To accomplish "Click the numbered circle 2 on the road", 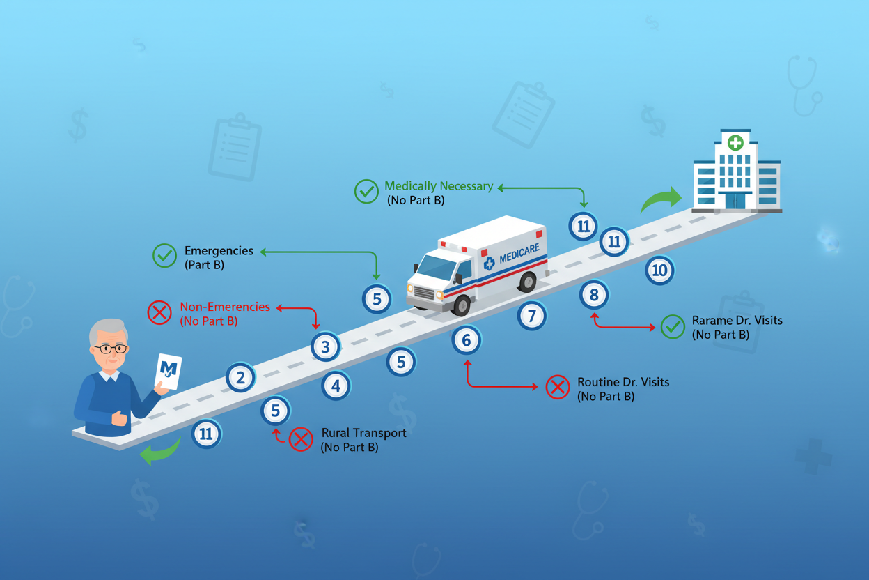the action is point(240,378).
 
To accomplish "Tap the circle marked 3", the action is point(325,346).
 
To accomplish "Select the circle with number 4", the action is point(336,386).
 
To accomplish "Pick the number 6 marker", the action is point(467,340).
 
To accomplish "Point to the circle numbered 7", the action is point(532,316).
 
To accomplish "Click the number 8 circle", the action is point(594,295).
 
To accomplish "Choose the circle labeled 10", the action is point(659,270).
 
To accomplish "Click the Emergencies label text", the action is point(219,250).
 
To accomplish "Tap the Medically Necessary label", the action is point(439,186).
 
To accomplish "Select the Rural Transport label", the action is point(364,433).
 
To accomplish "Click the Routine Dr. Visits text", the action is point(623,382).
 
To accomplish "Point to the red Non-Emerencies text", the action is point(225,307).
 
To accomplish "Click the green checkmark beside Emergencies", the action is point(164,256).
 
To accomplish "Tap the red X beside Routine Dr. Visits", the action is point(558,387).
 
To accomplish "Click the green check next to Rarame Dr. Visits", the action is point(673,327).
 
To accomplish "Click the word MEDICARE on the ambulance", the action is point(519,253).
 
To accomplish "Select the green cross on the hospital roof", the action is point(735,143).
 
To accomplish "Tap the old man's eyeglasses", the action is point(111,349).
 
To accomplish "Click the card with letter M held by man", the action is point(168,371).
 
